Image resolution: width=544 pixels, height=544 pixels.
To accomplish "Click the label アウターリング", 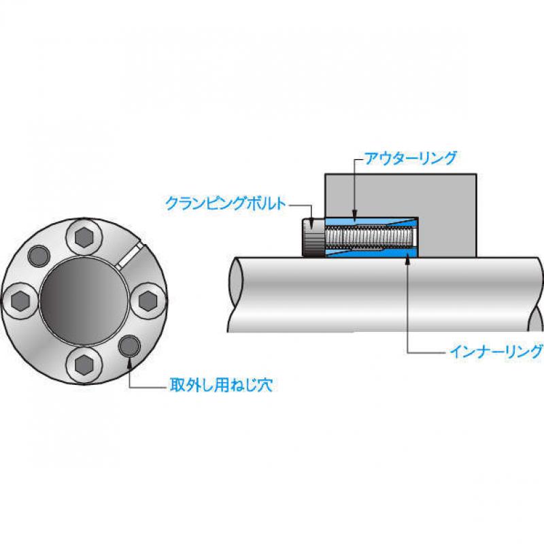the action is (410, 158).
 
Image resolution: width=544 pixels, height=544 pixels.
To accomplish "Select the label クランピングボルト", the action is (226, 203).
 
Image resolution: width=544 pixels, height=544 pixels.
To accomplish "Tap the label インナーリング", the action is (496, 352).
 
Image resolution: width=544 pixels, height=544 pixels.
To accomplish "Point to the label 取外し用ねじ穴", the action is (221, 385).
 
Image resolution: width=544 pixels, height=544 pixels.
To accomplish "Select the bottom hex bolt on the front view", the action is (84, 364).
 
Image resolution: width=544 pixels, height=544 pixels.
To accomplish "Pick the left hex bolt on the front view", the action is (20, 301).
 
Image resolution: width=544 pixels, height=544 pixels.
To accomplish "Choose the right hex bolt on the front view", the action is (148, 301).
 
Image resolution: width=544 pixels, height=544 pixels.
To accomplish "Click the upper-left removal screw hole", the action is (39, 256).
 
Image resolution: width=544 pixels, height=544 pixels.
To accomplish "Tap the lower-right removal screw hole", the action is (129, 346).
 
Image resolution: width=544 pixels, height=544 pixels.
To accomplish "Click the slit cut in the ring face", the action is (130, 256).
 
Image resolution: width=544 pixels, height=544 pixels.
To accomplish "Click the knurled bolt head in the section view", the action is (313, 237).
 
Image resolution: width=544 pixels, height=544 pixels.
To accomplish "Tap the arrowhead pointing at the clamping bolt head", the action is (311, 224).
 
